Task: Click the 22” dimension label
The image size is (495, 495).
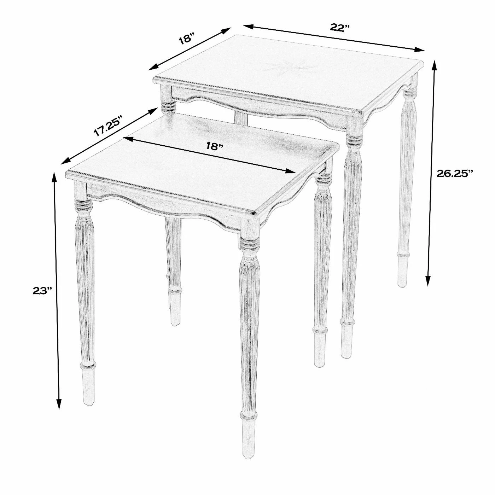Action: [x=340, y=28]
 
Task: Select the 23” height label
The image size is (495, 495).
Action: [x=42, y=291]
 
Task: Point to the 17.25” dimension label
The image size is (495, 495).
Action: [x=107, y=126]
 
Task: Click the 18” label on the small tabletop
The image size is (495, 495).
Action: [x=215, y=146]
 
